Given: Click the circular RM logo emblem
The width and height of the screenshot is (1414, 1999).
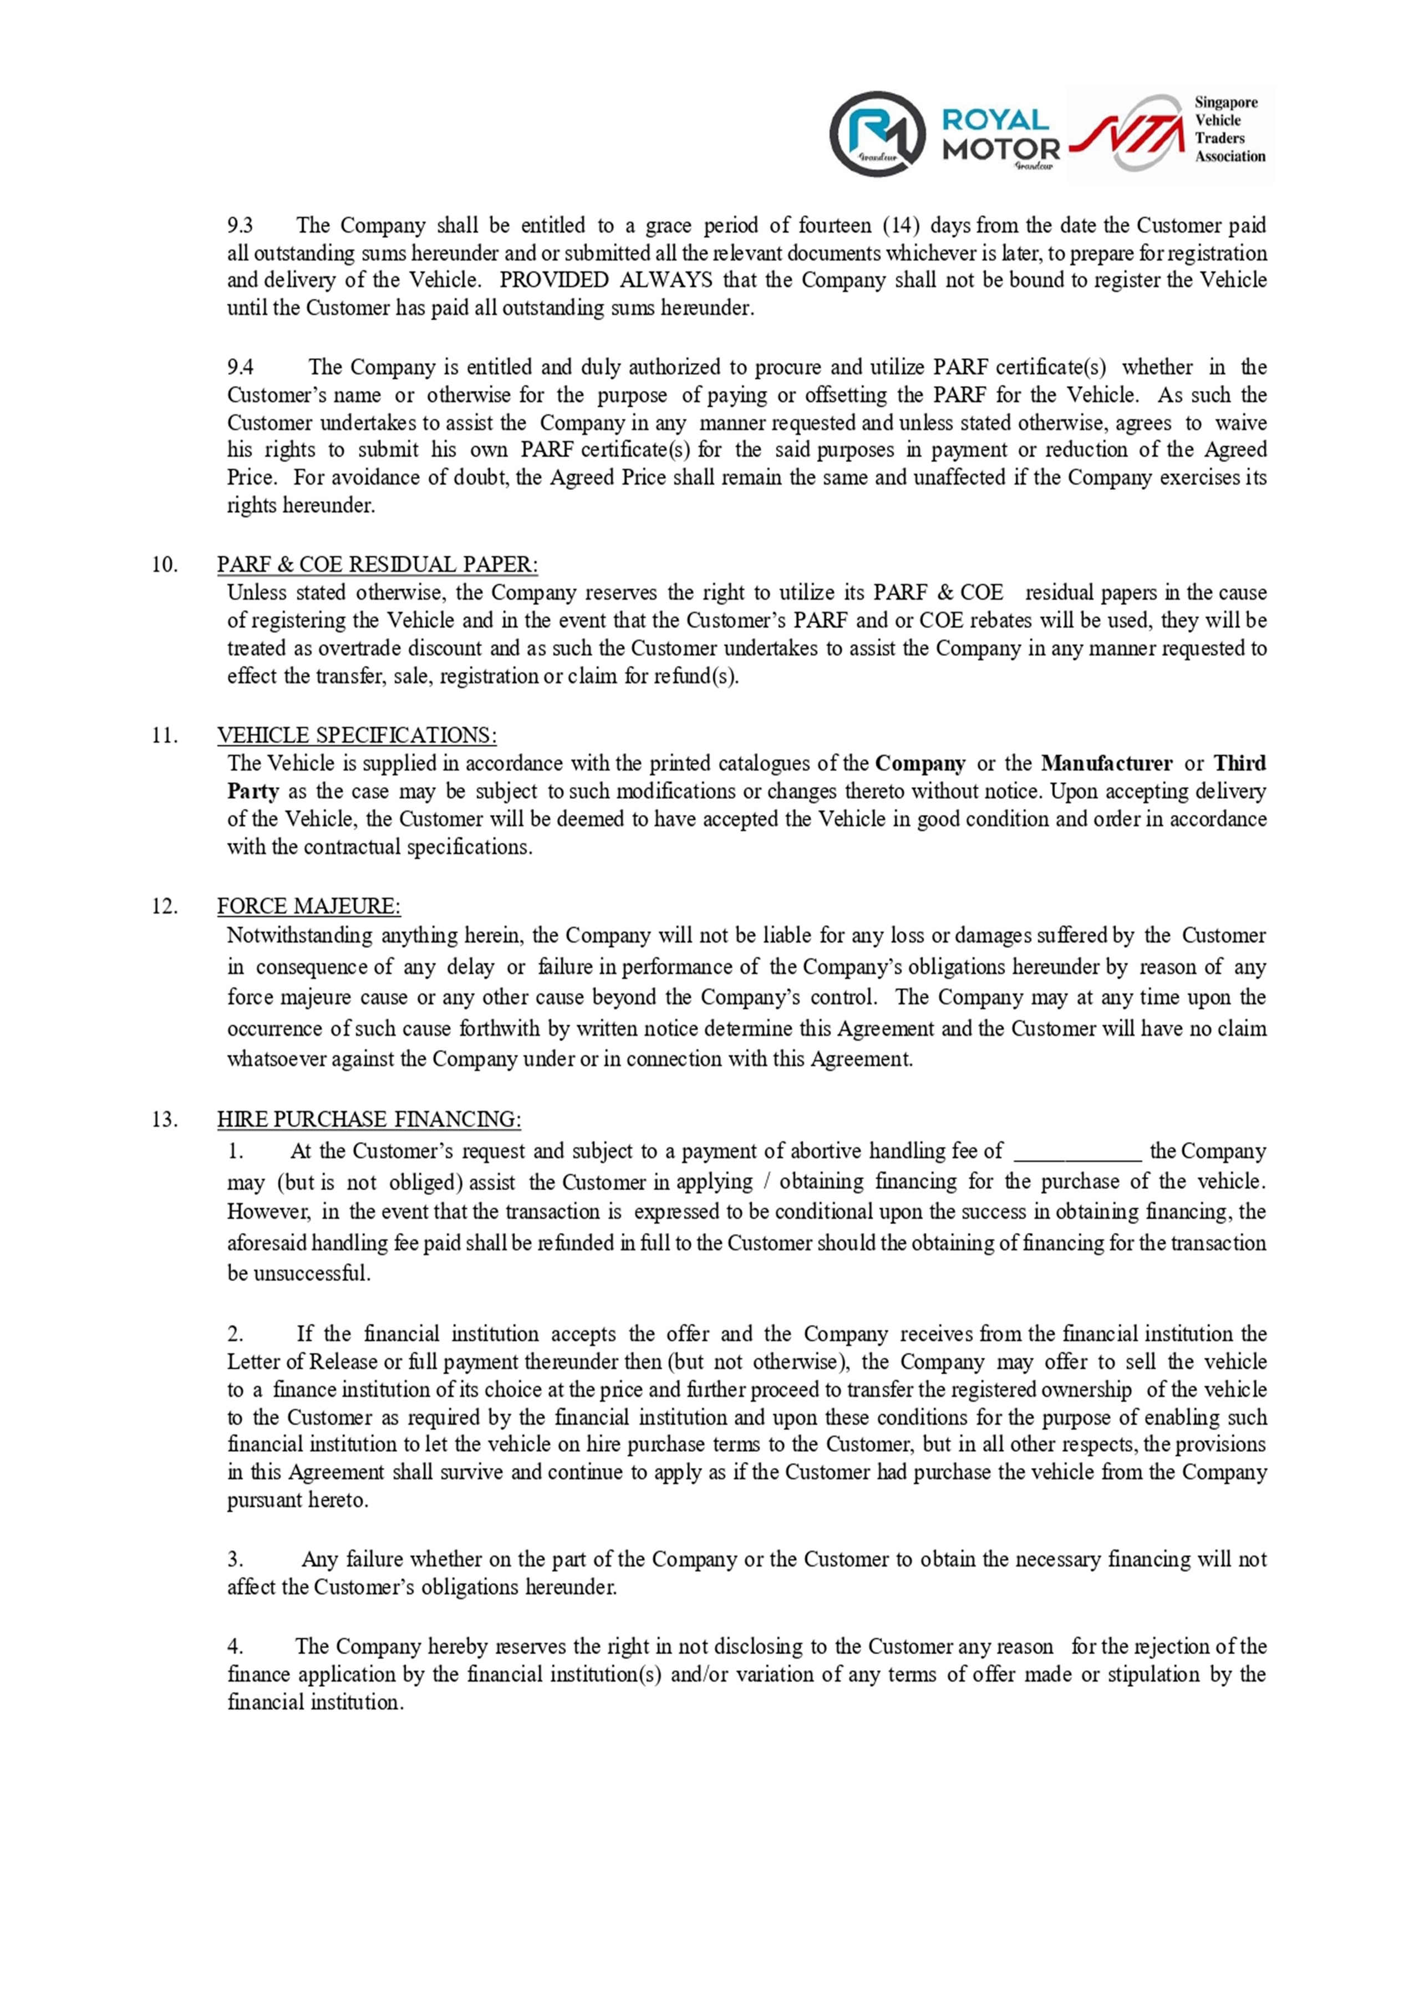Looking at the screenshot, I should click(x=876, y=133).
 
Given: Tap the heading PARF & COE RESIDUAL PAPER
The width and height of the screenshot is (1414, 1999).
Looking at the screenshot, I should click(x=377, y=564).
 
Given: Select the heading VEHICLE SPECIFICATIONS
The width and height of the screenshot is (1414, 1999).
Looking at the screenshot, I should click(x=357, y=735).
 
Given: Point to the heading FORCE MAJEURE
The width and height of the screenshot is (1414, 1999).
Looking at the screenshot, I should click(x=309, y=906).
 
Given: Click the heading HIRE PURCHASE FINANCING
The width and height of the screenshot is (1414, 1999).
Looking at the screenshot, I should click(x=369, y=1119).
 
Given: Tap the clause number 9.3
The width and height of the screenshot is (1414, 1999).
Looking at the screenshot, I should click(x=240, y=226).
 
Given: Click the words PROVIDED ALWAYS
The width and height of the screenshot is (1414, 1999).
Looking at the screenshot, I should click(x=605, y=281).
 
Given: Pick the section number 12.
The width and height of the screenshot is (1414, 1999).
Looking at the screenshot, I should click(x=165, y=906).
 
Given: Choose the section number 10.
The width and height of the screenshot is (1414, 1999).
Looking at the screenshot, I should click(x=165, y=564).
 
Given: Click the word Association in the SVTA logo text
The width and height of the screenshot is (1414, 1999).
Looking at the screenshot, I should click(x=1229, y=157).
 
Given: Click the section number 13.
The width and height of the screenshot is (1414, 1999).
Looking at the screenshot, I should click(x=165, y=1119).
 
